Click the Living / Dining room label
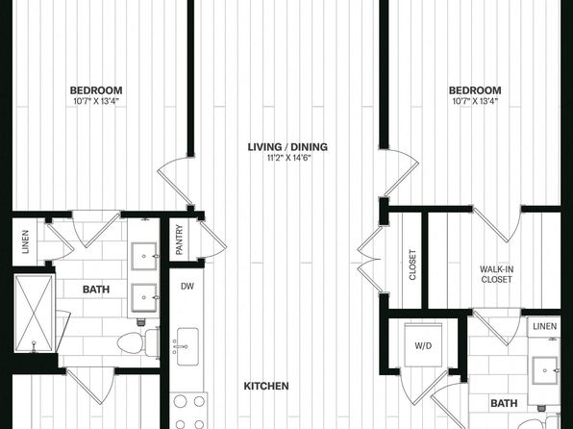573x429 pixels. [x=287, y=147]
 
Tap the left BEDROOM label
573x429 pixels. [x=96, y=90]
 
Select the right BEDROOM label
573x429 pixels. [x=475, y=90]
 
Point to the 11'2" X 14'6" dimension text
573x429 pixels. [x=288, y=158]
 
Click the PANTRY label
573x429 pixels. [x=179, y=240]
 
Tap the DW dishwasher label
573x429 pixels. [x=187, y=287]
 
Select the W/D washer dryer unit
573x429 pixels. [x=424, y=345]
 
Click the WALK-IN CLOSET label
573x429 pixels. [x=497, y=274]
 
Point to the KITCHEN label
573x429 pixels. [x=266, y=387]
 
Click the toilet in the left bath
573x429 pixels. [x=138, y=342]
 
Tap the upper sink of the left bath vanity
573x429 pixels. [x=145, y=257]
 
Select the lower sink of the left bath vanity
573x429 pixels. [x=145, y=298]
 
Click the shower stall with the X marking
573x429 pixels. [x=34, y=314]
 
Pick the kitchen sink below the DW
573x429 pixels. [x=187, y=346]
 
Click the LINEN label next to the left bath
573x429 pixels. [x=25, y=241]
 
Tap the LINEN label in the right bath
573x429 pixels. [x=545, y=326]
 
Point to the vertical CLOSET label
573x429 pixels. [x=412, y=265]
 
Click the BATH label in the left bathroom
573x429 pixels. [x=96, y=290]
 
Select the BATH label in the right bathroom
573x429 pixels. [x=504, y=403]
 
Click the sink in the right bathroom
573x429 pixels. [x=545, y=370]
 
